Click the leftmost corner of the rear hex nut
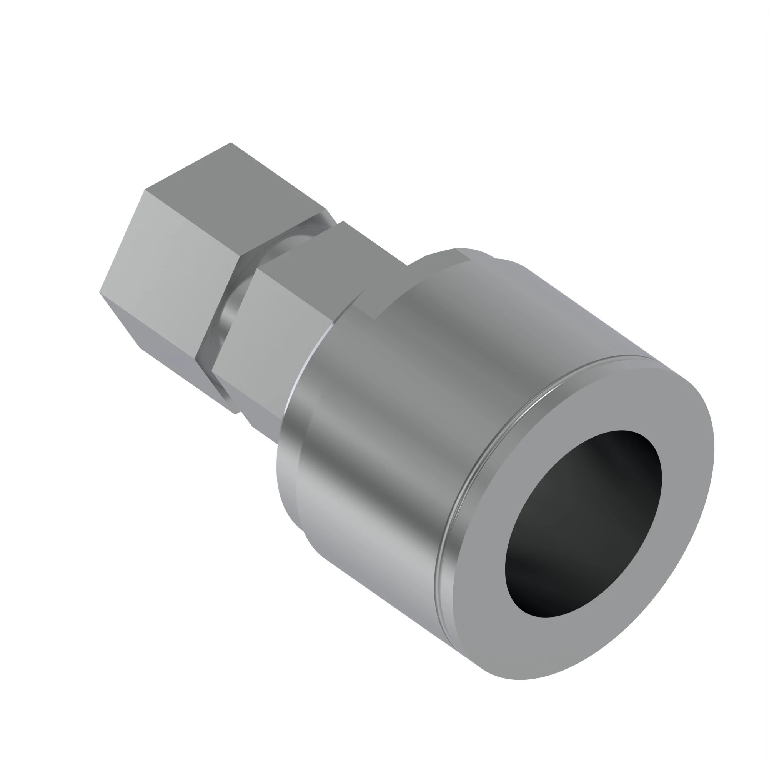(x=100, y=293)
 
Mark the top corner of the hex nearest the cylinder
(x=343, y=222)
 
